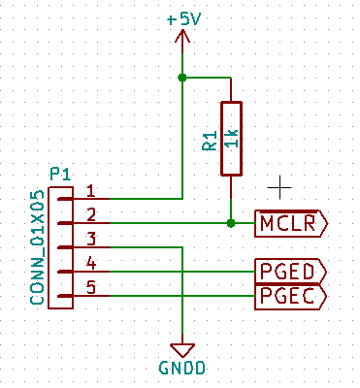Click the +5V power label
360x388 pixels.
(x=182, y=18)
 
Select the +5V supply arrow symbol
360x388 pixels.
(x=182, y=40)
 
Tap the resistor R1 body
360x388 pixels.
(x=230, y=138)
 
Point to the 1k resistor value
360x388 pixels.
(x=230, y=139)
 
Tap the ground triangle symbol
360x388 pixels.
(x=182, y=347)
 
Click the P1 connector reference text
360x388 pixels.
(x=60, y=175)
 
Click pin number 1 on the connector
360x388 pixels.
(x=90, y=190)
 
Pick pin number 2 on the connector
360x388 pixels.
(x=90, y=214)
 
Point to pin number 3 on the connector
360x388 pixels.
(x=90, y=239)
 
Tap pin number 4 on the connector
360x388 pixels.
(x=90, y=263)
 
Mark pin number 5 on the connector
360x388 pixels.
(x=90, y=287)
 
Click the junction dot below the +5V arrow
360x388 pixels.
(x=182, y=77)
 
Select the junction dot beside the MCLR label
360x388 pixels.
(x=230, y=223)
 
